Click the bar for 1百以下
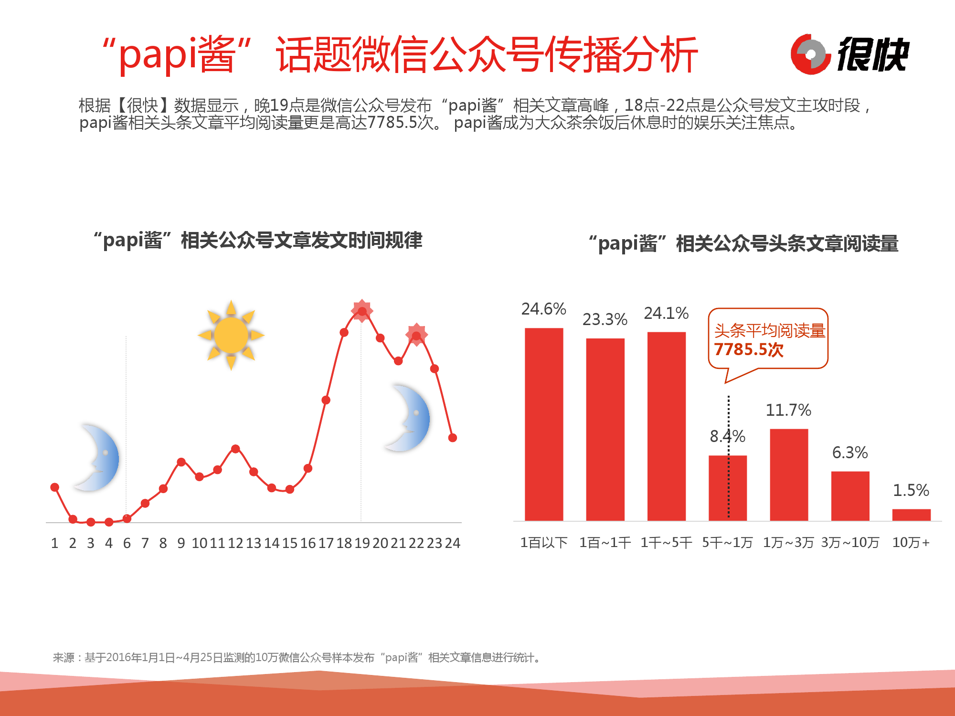pyautogui.click(x=544, y=424)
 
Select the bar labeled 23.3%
pyautogui.click(x=605, y=429)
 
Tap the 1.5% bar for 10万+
pyautogui.click(x=911, y=515)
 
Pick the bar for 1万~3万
pyautogui.click(x=789, y=474)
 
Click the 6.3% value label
pyautogui.click(x=850, y=453)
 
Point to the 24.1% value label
pyautogui.click(x=666, y=313)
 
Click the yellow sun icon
pyautogui.click(x=231, y=335)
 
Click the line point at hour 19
pyautogui.click(x=362, y=311)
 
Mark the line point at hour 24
pyautogui.click(x=453, y=438)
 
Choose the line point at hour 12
pyautogui.click(x=235, y=449)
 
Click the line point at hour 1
pyautogui.click(x=55, y=487)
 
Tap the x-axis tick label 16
pyautogui.click(x=308, y=543)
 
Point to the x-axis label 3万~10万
pyautogui.click(x=850, y=543)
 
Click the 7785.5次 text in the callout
pyautogui.click(x=749, y=350)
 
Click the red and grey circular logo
pyautogui.click(x=810, y=54)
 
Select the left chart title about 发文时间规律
pyautogui.click(x=258, y=240)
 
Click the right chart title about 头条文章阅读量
pyautogui.click(x=743, y=243)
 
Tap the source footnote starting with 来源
pyautogui.click(x=297, y=658)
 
